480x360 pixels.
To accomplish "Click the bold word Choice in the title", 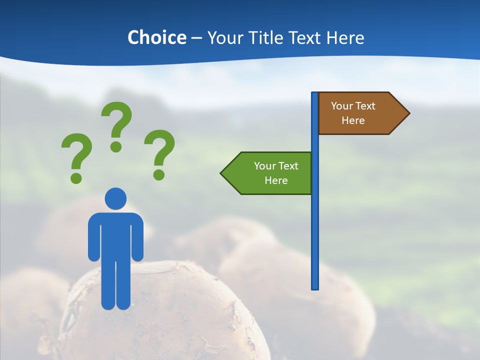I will coord(156,37).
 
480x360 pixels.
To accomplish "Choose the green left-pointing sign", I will coord(270,173).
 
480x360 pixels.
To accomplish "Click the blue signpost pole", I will coord(315,225).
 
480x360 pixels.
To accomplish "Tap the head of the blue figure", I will coord(115,198).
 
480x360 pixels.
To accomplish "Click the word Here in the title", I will coord(345,37).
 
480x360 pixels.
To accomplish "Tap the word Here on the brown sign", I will coord(353,120).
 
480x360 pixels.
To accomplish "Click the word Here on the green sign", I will coord(276,180).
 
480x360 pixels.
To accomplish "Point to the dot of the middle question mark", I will coord(116,146).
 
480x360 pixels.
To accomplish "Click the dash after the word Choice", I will coord(196,38).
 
